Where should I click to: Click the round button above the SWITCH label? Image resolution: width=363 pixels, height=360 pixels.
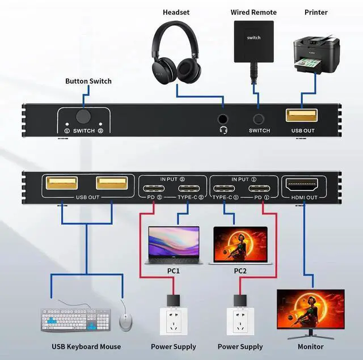(x=83, y=116)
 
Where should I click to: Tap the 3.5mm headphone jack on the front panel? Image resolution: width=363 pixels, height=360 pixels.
(x=223, y=119)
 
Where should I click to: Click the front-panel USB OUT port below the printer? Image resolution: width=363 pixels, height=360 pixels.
(x=301, y=115)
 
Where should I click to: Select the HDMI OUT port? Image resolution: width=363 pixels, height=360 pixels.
(x=302, y=185)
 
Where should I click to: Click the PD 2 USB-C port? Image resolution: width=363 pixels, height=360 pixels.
(x=154, y=188)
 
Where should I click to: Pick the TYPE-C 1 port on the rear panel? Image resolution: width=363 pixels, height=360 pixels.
(x=224, y=188)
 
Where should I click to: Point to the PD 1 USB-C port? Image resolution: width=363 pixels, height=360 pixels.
(x=259, y=188)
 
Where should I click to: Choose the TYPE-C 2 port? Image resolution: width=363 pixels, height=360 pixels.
(x=189, y=188)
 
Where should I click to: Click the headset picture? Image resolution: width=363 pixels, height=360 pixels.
(x=176, y=53)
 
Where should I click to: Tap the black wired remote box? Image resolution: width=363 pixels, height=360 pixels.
(x=254, y=41)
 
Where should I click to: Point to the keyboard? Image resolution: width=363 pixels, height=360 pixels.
(x=75, y=320)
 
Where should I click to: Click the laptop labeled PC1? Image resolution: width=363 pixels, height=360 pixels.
(x=174, y=245)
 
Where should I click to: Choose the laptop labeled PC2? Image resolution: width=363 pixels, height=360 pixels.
(x=240, y=245)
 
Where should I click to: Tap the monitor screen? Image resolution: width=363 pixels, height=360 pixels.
(x=311, y=308)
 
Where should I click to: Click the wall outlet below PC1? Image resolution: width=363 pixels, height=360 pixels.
(x=174, y=321)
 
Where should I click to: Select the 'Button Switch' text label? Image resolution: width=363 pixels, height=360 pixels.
(x=88, y=81)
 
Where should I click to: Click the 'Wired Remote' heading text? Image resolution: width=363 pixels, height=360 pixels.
(x=254, y=12)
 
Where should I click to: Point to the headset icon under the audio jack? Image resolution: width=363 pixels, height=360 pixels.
(x=223, y=130)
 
